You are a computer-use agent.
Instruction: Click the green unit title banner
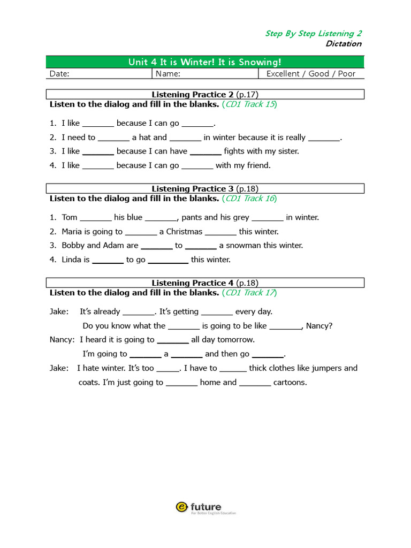(205, 62)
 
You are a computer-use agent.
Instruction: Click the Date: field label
(59, 74)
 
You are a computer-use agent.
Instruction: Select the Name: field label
(168, 74)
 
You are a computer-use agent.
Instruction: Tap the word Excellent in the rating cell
(283, 74)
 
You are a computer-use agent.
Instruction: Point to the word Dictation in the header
(344, 44)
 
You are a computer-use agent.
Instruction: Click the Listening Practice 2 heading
(205, 95)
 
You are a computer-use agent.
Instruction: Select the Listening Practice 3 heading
(205, 189)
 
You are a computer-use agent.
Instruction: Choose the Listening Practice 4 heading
(205, 283)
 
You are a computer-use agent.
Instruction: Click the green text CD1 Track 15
(249, 104)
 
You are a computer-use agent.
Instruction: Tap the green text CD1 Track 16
(249, 199)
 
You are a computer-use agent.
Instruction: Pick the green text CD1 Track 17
(249, 293)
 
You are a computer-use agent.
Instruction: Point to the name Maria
(72, 232)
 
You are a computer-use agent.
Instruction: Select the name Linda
(71, 260)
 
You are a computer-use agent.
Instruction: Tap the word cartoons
(290, 383)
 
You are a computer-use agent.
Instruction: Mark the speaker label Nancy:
(63, 340)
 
